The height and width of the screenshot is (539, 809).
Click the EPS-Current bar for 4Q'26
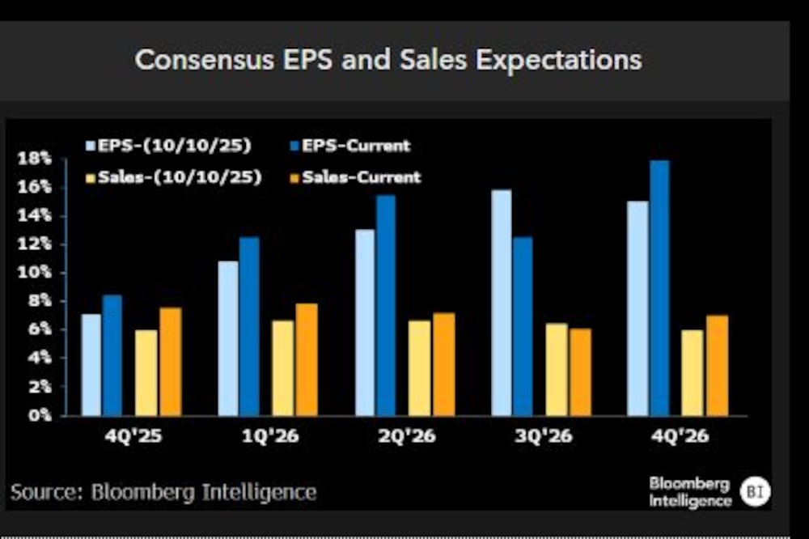coord(659,288)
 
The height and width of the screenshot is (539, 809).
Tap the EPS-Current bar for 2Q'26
coord(385,305)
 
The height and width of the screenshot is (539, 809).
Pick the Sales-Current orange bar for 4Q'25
coord(170,362)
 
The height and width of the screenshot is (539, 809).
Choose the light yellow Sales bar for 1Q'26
coord(282,368)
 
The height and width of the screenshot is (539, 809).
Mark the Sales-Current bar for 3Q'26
coord(580,372)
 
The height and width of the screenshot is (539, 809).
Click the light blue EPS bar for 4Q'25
coord(91,365)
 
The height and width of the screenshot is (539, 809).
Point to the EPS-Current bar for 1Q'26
coord(248,326)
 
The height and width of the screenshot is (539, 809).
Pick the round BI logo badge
coord(755,491)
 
